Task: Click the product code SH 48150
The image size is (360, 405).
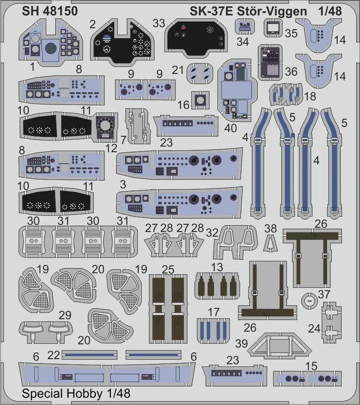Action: [x=49, y=11]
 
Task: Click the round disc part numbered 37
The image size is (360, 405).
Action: [x=309, y=300]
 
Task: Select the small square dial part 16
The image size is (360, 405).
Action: [x=200, y=100]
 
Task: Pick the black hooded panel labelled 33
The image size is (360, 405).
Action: [x=196, y=37]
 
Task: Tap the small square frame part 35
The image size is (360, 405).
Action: [x=272, y=27]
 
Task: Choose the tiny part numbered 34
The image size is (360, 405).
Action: [x=245, y=27]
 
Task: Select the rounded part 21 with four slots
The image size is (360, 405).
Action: [x=200, y=73]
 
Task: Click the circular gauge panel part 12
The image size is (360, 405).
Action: [x=105, y=127]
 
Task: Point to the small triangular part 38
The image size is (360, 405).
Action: [x=270, y=243]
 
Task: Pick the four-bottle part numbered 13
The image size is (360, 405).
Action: [x=217, y=286]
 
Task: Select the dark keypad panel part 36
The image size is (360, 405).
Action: [x=270, y=62]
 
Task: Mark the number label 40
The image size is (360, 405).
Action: [x=230, y=128]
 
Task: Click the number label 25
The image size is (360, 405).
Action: [x=168, y=269]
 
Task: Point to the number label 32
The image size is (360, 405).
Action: [x=212, y=232]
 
